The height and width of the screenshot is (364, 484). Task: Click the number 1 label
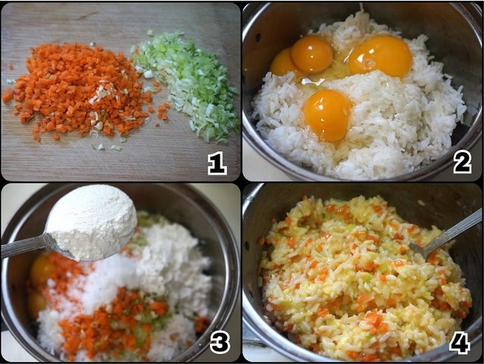pos(217,163)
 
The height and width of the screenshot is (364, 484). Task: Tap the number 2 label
pos(461,161)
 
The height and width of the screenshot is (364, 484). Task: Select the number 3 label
pos(220,342)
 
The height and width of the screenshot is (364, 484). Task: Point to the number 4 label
pos(459,342)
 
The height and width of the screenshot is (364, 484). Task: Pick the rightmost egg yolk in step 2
pos(380,55)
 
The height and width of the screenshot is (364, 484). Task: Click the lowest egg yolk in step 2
pos(327,114)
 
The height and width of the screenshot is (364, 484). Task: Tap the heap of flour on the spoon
pos(91,219)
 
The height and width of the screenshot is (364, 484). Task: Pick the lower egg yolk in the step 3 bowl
pos(37,303)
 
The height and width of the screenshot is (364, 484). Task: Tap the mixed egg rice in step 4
pos(356,280)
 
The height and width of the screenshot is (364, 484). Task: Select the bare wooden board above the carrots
pos(76,30)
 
